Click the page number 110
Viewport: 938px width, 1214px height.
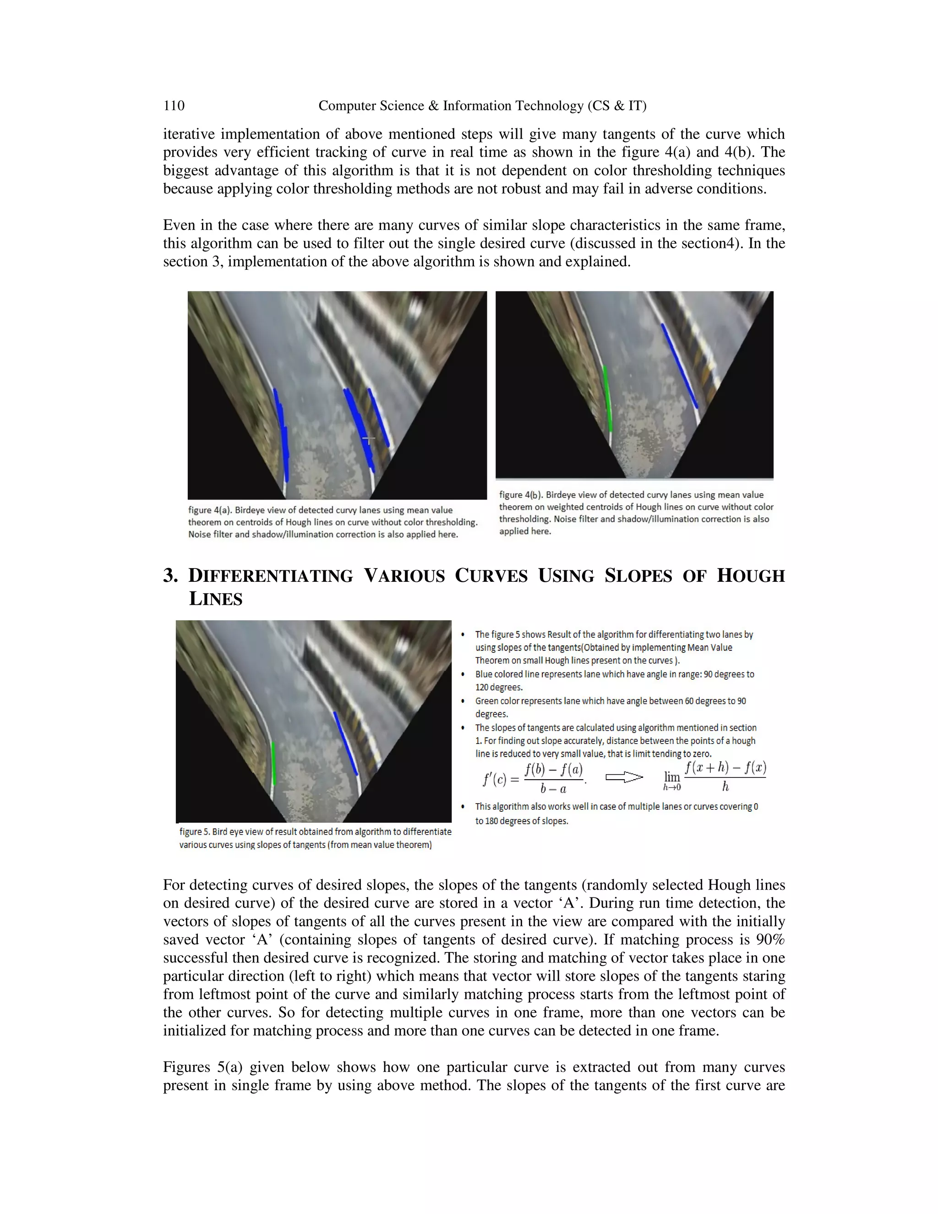point(174,106)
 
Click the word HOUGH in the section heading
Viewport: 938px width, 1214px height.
point(750,576)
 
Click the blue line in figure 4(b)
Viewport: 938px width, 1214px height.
point(678,365)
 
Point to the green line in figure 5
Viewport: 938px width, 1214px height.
point(273,763)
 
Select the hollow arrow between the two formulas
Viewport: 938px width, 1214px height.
point(623,777)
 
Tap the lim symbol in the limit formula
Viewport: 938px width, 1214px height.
point(672,777)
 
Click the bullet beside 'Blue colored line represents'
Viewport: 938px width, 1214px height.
point(464,675)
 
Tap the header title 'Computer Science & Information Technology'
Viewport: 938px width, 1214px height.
point(482,106)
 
